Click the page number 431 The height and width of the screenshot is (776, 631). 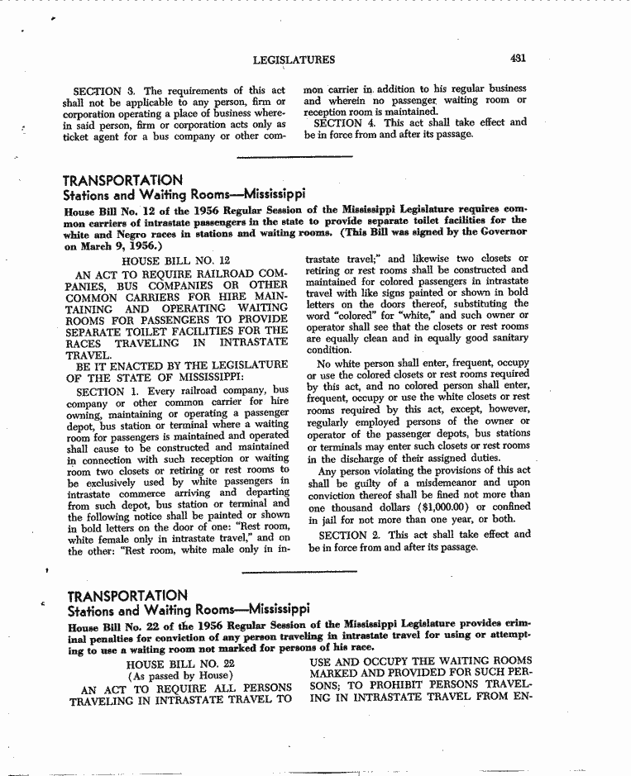pyautogui.click(x=519, y=59)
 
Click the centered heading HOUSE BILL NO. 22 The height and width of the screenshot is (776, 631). pyautogui.click(x=181, y=664)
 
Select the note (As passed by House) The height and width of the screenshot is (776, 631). pyautogui.click(x=180, y=676)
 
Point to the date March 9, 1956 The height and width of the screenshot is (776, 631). pyautogui.click(x=121, y=245)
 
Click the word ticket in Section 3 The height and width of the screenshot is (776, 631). pyautogui.click(x=77, y=136)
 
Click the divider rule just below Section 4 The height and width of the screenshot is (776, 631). pyautogui.click(x=294, y=156)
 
